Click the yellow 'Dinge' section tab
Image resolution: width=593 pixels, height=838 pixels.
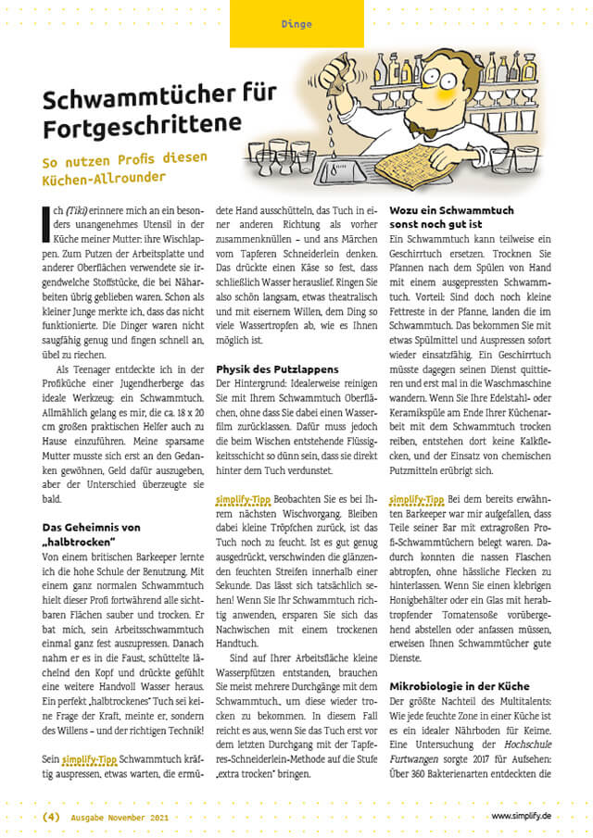click(x=296, y=24)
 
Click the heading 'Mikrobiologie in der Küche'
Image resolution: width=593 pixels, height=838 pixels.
click(x=460, y=687)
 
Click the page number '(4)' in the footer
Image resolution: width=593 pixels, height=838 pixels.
click(x=51, y=816)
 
